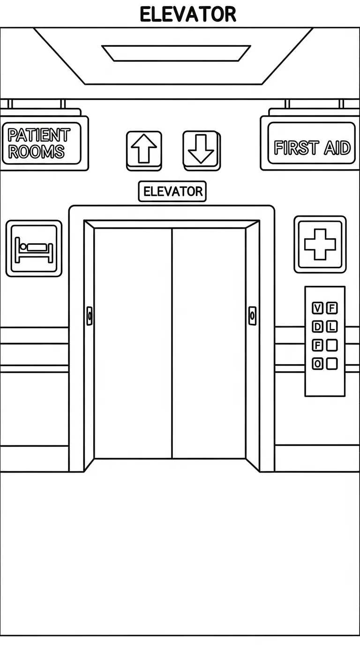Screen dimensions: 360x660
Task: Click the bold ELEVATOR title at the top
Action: click(187, 15)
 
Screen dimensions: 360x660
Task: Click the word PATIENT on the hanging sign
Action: click(39, 135)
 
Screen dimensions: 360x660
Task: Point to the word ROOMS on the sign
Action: click(36, 151)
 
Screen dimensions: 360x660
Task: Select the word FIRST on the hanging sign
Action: click(297, 148)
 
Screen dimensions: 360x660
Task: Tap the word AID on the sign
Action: click(337, 148)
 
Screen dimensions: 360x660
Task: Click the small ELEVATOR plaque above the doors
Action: click(172, 192)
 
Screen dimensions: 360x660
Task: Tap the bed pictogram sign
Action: click(34, 248)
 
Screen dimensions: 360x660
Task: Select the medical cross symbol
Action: click(320, 244)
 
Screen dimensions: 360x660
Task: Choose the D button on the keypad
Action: click(317, 326)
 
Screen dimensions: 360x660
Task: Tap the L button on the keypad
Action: click(332, 326)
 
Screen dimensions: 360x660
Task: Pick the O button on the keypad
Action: click(317, 364)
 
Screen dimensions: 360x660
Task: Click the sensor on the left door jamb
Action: click(90, 316)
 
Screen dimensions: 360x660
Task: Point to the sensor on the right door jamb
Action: click(252, 316)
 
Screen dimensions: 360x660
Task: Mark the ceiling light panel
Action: click(176, 53)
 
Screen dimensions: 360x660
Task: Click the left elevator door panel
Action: click(133, 343)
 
